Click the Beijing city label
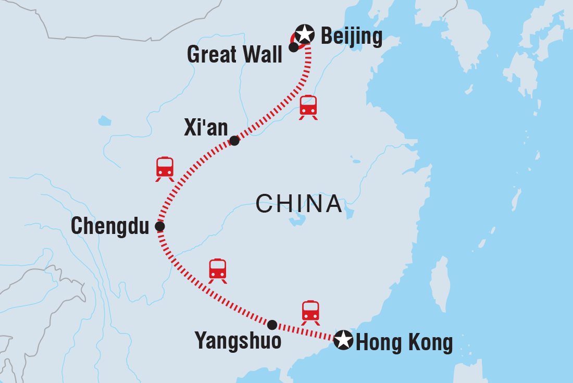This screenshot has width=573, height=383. (351, 36)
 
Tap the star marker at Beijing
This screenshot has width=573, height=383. (305, 35)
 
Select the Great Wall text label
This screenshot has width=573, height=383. (234, 54)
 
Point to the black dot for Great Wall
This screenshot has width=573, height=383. (293, 47)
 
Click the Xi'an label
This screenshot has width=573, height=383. (206, 128)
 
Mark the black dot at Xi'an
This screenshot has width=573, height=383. (234, 141)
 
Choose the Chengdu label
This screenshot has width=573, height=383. (110, 227)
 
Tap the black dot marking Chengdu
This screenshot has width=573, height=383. (160, 227)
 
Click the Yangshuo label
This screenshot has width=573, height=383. (238, 341)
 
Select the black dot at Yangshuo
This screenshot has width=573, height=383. (272, 325)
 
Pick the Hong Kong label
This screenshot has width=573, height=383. (404, 343)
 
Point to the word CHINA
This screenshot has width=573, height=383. (299, 204)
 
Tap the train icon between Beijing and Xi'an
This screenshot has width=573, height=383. (308, 107)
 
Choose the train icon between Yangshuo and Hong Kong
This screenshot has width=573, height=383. (310, 311)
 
